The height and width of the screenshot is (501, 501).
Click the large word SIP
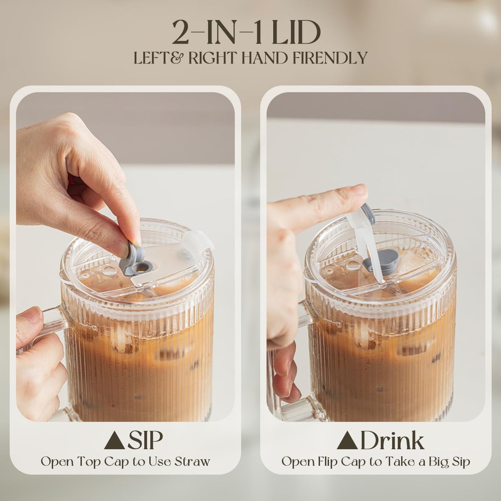pyautogui.click(x=145, y=440)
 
